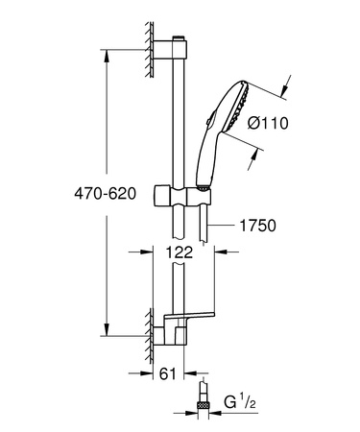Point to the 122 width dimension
pyautogui.click(x=183, y=252)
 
